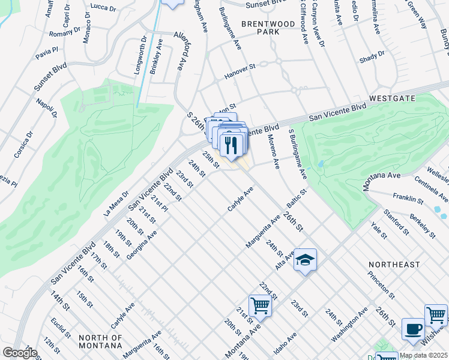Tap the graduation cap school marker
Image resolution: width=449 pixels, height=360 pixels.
tap(306, 260)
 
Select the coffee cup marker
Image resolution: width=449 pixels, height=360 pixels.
tap(413, 329)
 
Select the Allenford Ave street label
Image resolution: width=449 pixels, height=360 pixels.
tap(178, 50)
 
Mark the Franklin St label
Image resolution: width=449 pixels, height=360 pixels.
tap(408, 197)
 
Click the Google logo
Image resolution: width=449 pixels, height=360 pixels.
tap(20, 353)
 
